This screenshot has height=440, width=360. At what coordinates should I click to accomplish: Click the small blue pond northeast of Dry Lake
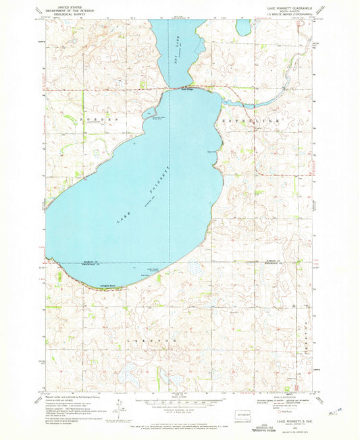(x=243, y=27)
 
